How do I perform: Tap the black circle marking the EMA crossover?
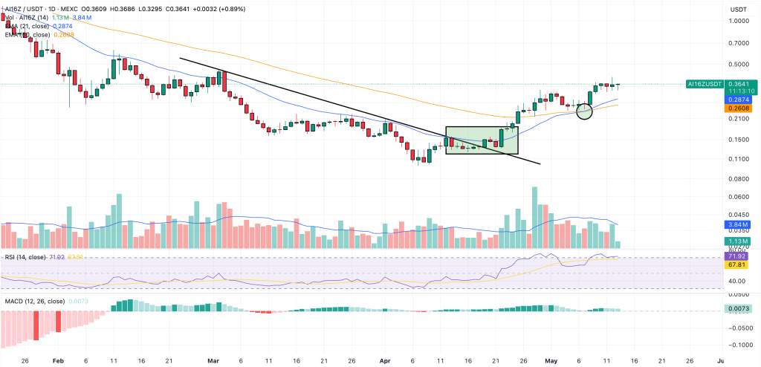coord(584,111)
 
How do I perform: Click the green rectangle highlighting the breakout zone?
coord(482,140)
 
